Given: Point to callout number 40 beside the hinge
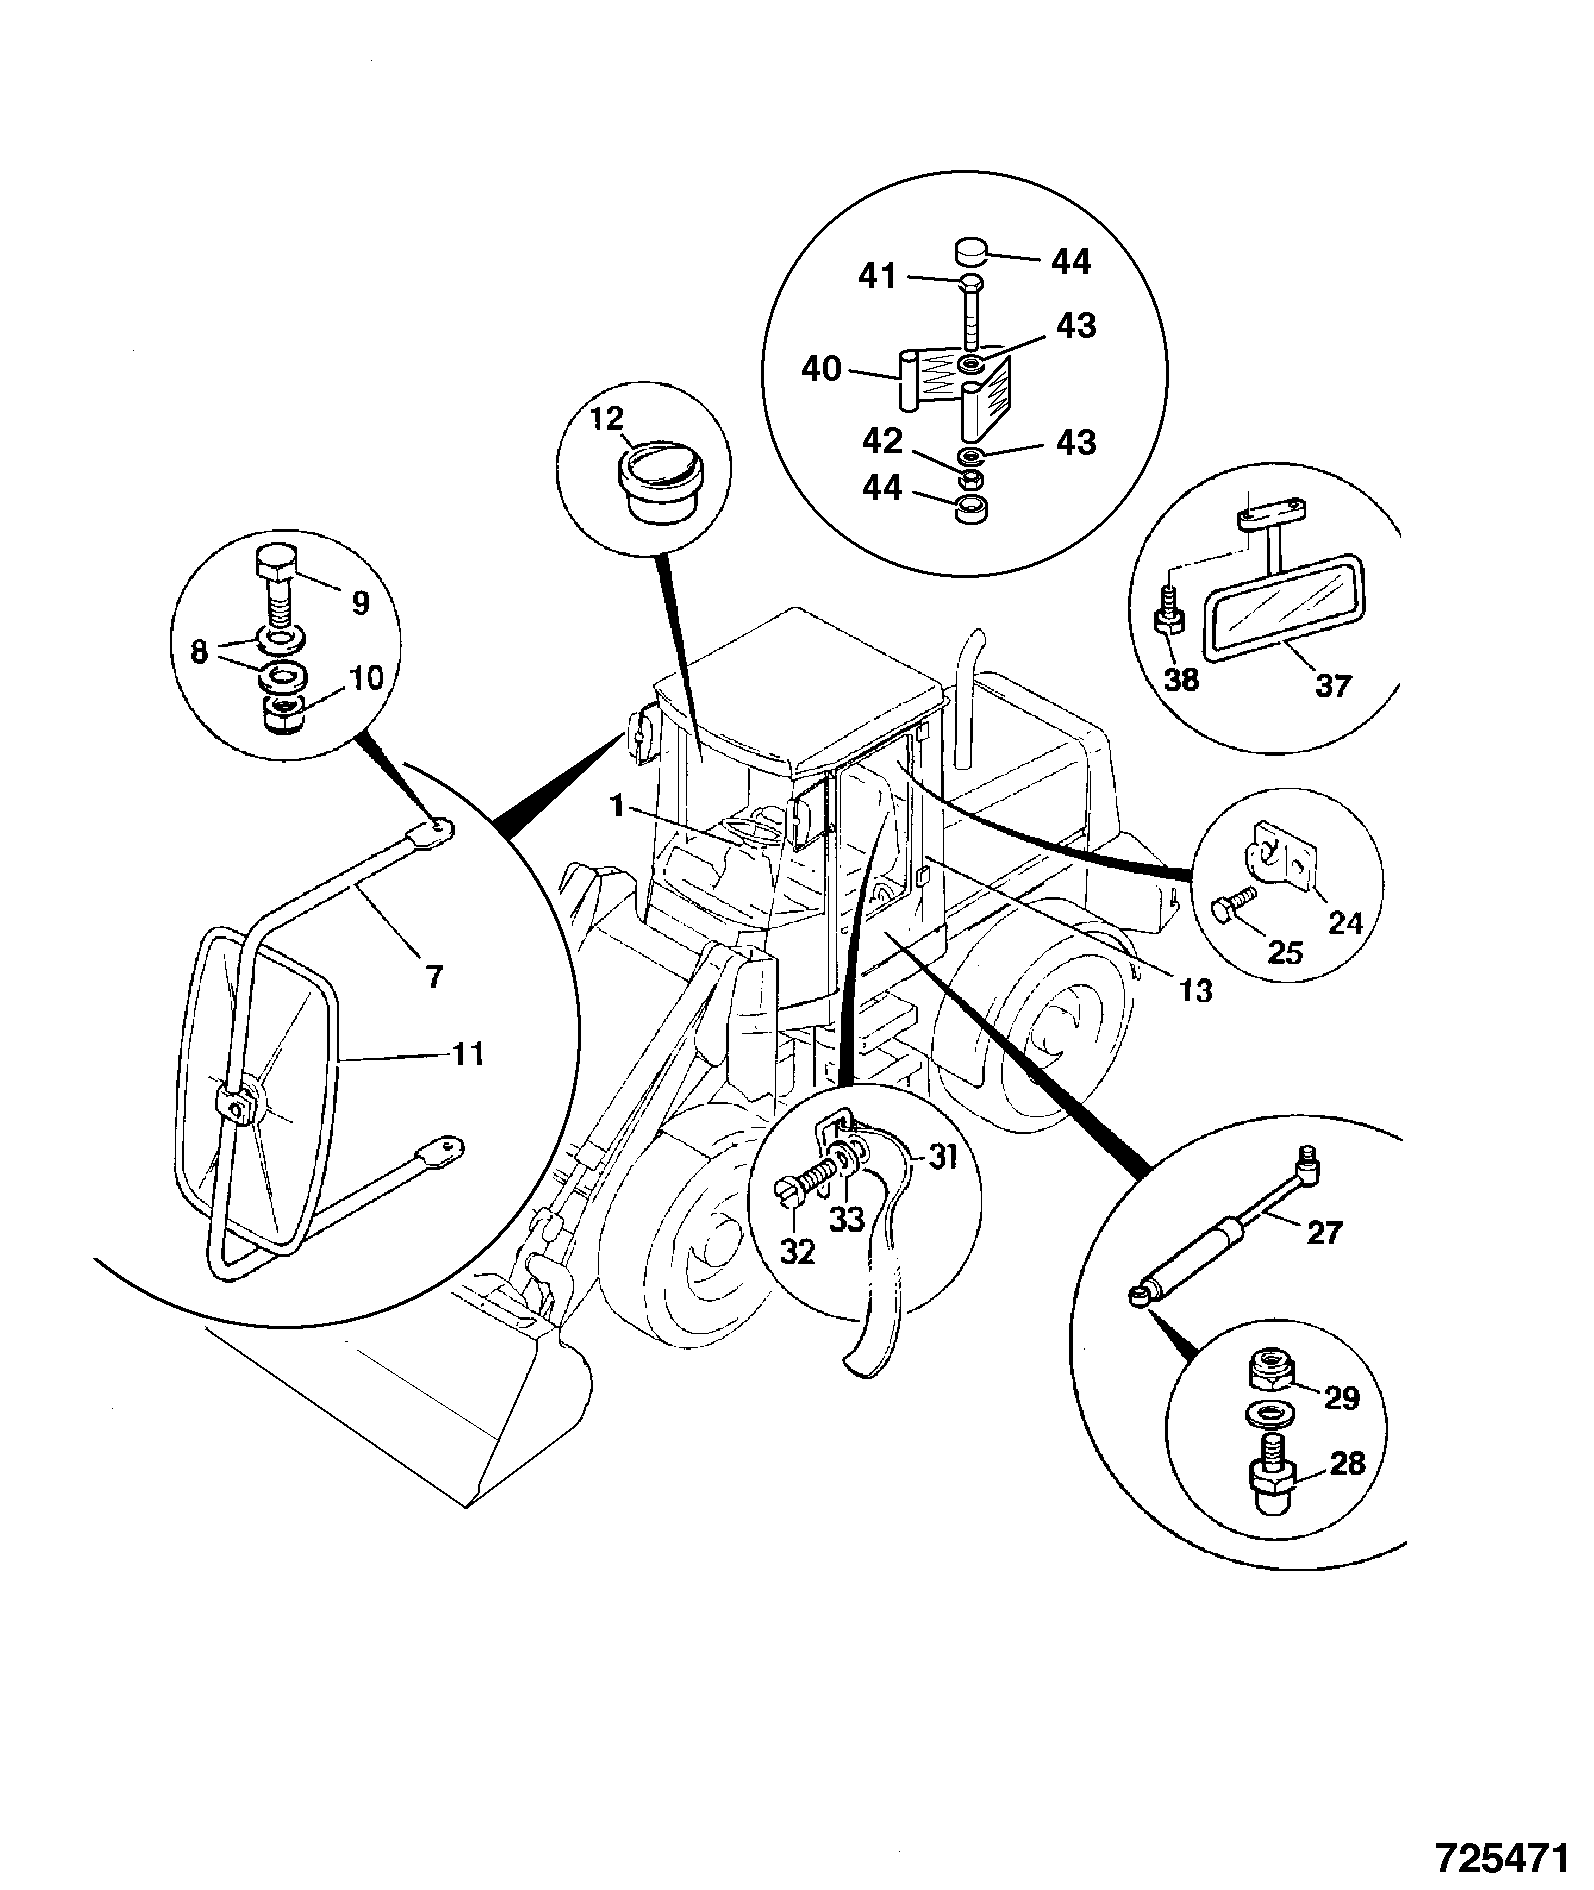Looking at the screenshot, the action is [822, 370].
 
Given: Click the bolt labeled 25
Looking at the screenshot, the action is [1232, 906].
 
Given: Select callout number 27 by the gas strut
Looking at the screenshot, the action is [1325, 1232].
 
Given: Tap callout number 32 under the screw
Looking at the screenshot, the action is [798, 1251].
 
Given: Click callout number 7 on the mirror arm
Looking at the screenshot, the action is [433, 976].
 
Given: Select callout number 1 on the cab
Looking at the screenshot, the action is [619, 805].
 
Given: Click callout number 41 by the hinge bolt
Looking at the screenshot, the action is [879, 275].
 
